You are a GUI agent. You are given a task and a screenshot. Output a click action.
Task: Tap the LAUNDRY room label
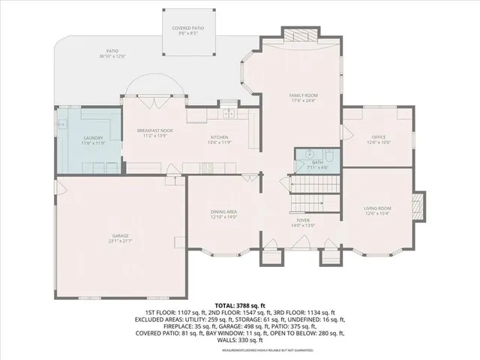[x=93, y=138]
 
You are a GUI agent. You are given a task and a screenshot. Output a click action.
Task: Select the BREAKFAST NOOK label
[x=155, y=130]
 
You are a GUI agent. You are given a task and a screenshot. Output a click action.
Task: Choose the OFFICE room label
[x=378, y=137]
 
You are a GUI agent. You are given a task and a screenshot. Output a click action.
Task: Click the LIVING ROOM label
[x=377, y=208]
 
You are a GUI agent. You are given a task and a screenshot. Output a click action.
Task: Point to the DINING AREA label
[x=223, y=212]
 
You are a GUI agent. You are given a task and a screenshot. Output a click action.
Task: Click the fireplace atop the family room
[x=303, y=35]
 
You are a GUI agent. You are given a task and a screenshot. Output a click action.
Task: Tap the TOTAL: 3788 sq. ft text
[x=240, y=306]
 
